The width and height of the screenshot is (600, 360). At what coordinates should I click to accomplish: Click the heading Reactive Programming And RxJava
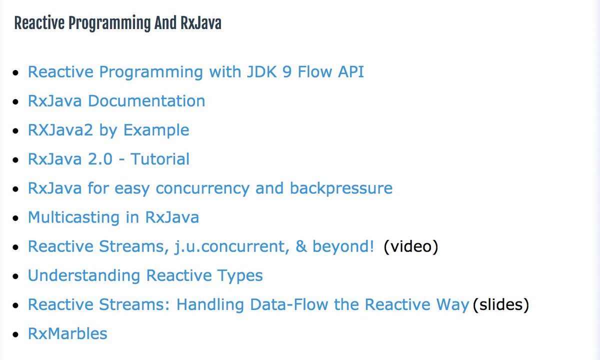tap(117, 23)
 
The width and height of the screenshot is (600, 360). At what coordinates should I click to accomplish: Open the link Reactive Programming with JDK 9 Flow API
tap(195, 72)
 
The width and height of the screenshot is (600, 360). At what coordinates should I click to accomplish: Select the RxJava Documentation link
tap(116, 101)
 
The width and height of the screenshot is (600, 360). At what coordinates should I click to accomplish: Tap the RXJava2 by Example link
tap(108, 130)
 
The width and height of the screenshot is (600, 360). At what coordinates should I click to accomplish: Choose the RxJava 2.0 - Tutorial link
tap(108, 159)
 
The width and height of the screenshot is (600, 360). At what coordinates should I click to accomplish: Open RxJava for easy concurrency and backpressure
tap(210, 188)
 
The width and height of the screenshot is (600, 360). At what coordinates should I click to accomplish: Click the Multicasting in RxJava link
tap(113, 217)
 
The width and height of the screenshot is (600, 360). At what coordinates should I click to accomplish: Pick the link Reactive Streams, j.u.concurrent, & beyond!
tap(200, 246)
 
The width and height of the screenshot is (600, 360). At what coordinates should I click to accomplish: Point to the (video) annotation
tap(410, 246)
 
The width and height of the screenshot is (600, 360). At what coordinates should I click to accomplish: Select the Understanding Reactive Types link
tap(145, 275)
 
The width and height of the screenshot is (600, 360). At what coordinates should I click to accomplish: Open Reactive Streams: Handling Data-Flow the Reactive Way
tap(248, 304)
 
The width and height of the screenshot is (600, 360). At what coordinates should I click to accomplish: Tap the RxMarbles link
tap(67, 333)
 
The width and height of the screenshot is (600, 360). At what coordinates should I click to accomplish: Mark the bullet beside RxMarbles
tap(17, 334)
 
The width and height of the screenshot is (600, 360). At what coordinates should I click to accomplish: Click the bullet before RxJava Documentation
tap(17, 101)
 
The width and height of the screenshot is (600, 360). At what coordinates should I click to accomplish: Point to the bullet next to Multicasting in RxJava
tap(17, 218)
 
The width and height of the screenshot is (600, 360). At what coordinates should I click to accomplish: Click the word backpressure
tap(341, 188)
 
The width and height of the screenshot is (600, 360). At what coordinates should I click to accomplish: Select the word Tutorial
tap(160, 159)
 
